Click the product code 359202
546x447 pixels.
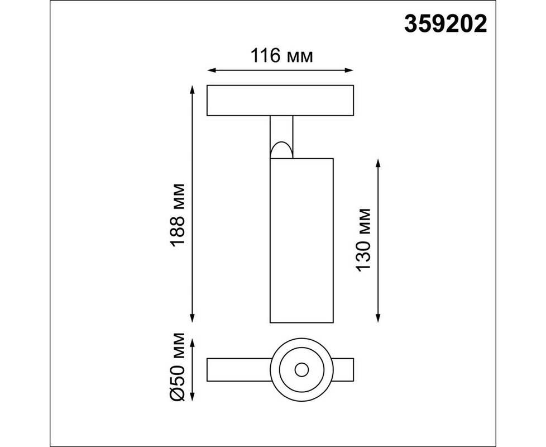446,25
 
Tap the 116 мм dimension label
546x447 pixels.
282,56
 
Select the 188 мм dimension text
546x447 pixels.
178,215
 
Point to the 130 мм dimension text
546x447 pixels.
363,240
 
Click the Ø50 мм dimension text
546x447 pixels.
178,367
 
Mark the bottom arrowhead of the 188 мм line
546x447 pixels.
192,318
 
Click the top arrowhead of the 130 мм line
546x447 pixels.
378,163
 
